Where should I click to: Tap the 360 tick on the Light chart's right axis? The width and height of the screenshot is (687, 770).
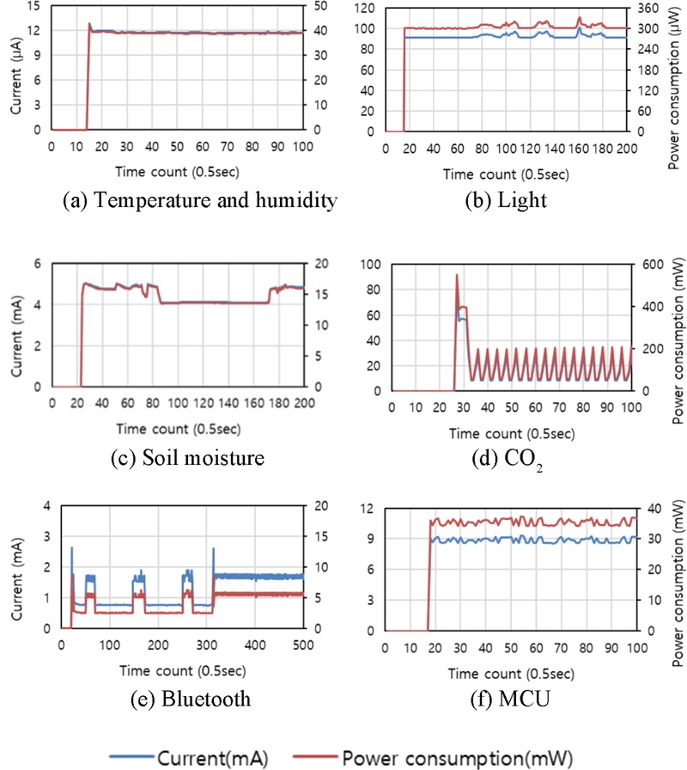pos(647,7)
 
